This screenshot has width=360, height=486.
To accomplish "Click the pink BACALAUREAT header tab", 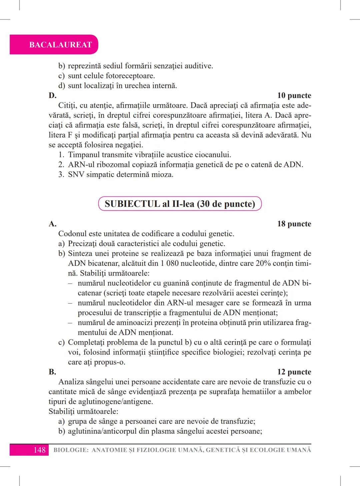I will tap(60, 45).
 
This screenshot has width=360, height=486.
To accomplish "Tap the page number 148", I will tap(39, 450).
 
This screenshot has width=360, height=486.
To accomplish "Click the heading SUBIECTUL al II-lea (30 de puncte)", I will tap(180, 204).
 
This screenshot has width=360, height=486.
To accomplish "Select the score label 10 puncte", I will tap(294, 96).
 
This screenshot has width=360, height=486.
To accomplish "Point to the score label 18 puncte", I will tap(294, 224).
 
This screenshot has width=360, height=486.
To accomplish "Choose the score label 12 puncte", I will tap(294, 372).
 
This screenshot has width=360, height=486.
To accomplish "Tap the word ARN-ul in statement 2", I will tap(79, 165).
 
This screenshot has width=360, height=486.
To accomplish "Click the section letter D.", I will tap(52, 96).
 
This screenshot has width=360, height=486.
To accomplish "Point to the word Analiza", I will tap(71, 382).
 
